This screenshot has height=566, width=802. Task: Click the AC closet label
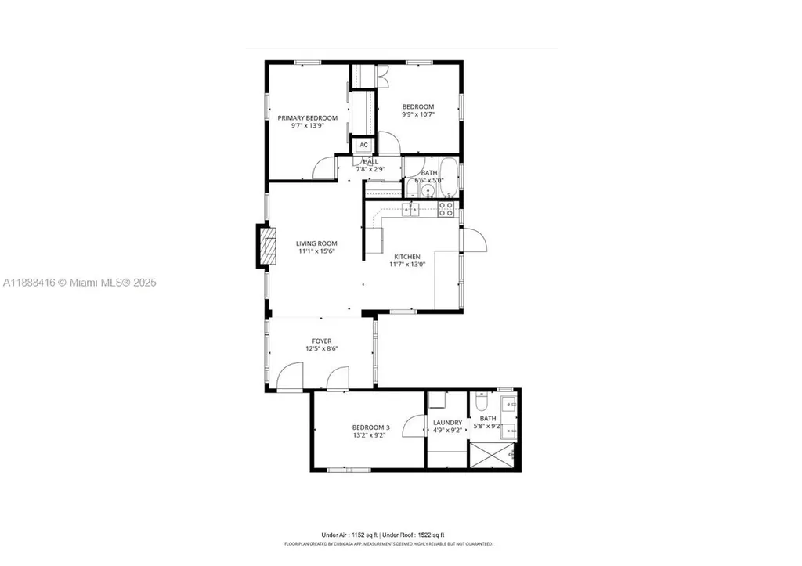363,145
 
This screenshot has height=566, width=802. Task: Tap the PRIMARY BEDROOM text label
308,118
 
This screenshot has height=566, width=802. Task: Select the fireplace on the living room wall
267,247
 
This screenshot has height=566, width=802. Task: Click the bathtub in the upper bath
449,176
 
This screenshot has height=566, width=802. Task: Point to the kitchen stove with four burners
446,208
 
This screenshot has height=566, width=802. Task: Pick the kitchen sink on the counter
411,208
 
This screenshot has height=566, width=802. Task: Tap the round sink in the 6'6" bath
430,189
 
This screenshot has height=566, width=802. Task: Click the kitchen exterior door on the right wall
473,240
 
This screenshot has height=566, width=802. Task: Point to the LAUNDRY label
447,423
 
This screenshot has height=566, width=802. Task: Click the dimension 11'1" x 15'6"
316,251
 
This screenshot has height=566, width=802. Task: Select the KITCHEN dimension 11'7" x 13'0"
406,265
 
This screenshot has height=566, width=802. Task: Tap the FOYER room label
322,341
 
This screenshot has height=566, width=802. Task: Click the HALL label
370,161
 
